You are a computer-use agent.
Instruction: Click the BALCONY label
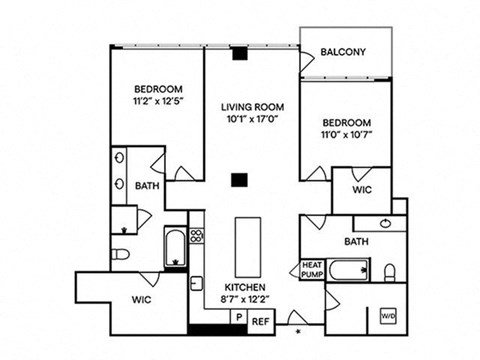pyautogui.click(x=343, y=52)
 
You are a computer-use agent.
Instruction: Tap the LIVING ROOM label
pyautogui.click(x=253, y=107)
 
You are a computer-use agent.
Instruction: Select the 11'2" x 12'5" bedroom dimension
pyautogui.click(x=159, y=101)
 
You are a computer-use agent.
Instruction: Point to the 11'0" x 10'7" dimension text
pyautogui.click(x=347, y=135)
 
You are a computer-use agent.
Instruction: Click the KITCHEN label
pyautogui.click(x=245, y=287)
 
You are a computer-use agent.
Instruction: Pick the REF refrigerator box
pyautogui.click(x=261, y=322)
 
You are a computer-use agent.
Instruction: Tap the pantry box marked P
pyautogui.click(x=239, y=317)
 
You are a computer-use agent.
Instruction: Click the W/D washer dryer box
pyautogui.click(x=389, y=315)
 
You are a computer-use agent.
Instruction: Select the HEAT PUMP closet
pyautogui.click(x=312, y=270)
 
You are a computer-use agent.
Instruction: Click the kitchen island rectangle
pyautogui.click(x=248, y=247)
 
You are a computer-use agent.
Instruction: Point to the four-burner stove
pyautogui.click(x=197, y=235)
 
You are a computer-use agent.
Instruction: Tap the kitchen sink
pyautogui.click(x=196, y=284)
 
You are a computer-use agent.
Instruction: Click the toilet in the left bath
pyautogui.click(x=120, y=255)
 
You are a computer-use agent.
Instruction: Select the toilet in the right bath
pyautogui.click(x=389, y=273)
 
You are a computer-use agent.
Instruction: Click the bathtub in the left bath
pyautogui.click(x=175, y=246)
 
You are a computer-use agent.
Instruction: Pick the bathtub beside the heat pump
pyautogui.click(x=348, y=270)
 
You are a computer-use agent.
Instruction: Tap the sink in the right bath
pyautogui.click(x=386, y=223)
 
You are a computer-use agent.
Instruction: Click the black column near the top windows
pyautogui.click(x=240, y=54)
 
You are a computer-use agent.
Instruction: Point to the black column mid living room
pyautogui.click(x=240, y=180)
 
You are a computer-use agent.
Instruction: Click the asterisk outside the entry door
pyautogui.click(x=299, y=331)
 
